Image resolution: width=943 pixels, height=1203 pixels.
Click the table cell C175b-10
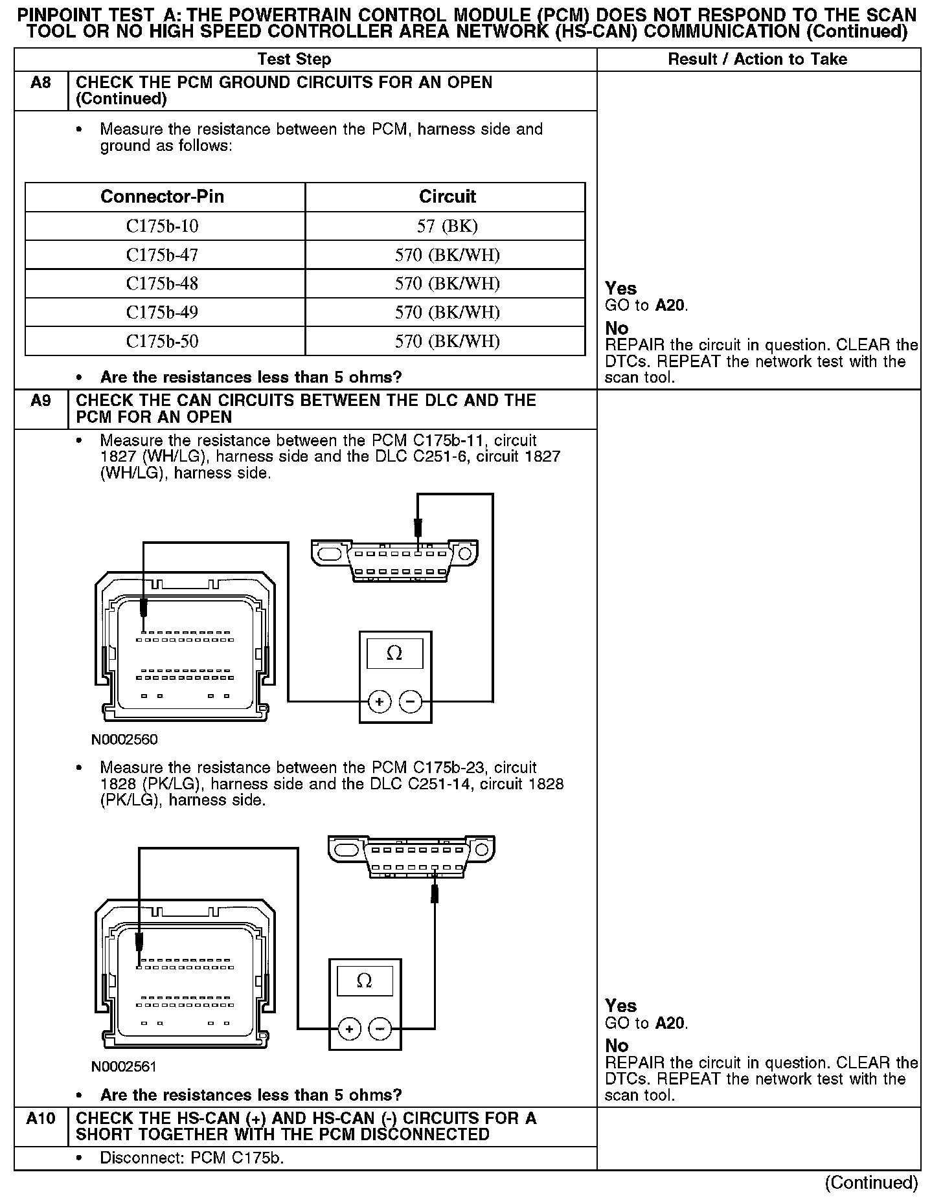pyautogui.click(x=163, y=226)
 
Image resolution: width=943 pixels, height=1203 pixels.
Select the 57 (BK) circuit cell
pyautogui.click(x=447, y=226)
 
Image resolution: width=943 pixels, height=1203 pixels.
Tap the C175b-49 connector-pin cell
pyautogui.click(x=163, y=313)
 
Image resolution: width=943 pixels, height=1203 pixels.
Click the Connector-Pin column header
pyautogui.click(x=163, y=197)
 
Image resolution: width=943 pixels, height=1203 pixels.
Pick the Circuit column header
pyautogui.click(x=447, y=197)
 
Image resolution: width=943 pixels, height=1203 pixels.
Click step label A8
pyautogui.click(x=41, y=83)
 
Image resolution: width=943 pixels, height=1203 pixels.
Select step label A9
pyautogui.click(x=41, y=401)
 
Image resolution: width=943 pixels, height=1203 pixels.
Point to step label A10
pyautogui.click(x=41, y=1118)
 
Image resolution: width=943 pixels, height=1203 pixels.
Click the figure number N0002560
pyautogui.click(x=124, y=739)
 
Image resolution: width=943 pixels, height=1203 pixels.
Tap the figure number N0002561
pyautogui.click(x=124, y=1066)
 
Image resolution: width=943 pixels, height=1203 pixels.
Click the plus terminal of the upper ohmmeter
pyautogui.click(x=379, y=701)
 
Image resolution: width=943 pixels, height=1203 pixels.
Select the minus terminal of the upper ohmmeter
pyautogui.click(x=410, y=701)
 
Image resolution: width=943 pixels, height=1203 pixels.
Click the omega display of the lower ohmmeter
pyautogui.click(x=365, y=981)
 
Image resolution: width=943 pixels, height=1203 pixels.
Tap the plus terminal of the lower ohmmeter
pyautogui.click(x=349, y=1029)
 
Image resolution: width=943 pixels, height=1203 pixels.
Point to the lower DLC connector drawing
pyautogui.click(x=412, y=856)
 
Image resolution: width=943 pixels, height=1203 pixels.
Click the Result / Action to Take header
pyautogui.click(x=757, y=60)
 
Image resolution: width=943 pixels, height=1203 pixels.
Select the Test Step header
pyautogui.click(x=294, y=60)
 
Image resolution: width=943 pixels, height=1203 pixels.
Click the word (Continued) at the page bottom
pyautogui.click(x=871, y=1183)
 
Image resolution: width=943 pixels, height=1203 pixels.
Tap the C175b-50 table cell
pyautogui.click(x=163, y=341)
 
